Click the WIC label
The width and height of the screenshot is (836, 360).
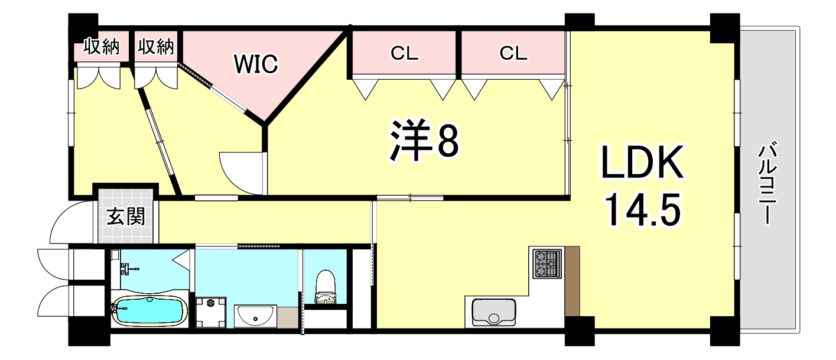(x=256, y=64)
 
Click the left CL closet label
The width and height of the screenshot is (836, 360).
(x=405, y=54)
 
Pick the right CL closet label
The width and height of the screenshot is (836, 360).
(x=513, y=54)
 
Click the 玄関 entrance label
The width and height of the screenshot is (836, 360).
(x=126, y=217)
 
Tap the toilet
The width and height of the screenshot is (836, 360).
(x=324, y=287)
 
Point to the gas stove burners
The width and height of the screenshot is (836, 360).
(x=546, y=264)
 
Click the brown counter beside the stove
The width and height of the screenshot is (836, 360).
(x=572, y=281)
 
